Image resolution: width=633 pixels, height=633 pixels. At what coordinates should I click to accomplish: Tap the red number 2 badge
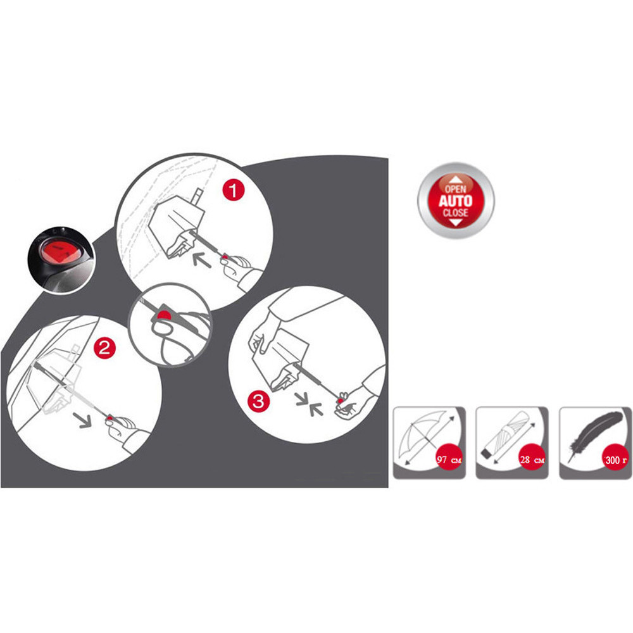click(x=104, y=348)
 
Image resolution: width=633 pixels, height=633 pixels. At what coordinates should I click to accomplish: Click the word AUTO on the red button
click(x=455, y=201)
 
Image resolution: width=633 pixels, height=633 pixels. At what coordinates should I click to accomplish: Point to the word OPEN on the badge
click(x=455, y=189)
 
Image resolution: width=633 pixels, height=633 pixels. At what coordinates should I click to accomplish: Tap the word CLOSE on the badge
click(x=455, y=213)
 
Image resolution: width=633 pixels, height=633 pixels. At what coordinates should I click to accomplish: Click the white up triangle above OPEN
click(x=455, y=179)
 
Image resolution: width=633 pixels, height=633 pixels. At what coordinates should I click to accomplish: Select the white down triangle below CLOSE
click(x=455, y=222)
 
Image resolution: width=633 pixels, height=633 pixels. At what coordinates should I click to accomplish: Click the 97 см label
click(x=449, y=460)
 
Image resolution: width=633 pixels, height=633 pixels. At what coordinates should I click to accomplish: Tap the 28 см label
click(x=532, y=460)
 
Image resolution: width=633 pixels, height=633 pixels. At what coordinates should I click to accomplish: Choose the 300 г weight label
click(x=617, y=460)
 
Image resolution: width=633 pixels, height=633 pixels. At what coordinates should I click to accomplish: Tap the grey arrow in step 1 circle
click(x=202, y=260)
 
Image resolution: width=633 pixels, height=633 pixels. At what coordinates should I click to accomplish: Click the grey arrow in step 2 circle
click(x=82, y=420)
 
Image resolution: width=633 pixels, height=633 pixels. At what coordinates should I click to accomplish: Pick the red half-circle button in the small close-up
click(x=163, y=315)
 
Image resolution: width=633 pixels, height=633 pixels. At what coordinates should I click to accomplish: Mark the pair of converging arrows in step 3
click(x=310, y=404)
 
